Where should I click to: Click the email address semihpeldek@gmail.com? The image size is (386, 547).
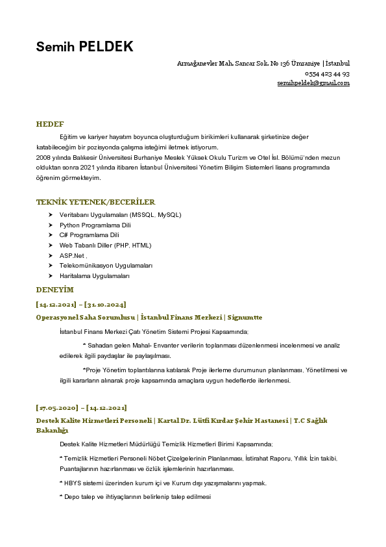click(313, 83)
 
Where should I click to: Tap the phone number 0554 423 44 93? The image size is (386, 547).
click(327, 74)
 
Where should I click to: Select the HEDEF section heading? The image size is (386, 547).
click(50, 123)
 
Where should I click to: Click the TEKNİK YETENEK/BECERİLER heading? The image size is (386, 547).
click(95, 202)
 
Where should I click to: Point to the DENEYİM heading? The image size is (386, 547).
click(55, 289)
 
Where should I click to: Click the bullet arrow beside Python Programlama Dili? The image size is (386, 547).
click(51, 225)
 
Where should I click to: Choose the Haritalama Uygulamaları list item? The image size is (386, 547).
click(95, 276)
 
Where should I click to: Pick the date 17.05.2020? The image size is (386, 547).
click(56, 408)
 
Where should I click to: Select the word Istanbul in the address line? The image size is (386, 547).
click(337, 64)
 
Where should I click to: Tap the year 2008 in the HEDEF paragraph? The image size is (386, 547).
click(43, 158)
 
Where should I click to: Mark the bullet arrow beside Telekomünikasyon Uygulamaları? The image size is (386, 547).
click(51, 266)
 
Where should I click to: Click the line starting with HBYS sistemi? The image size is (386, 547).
click(163, 483)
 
